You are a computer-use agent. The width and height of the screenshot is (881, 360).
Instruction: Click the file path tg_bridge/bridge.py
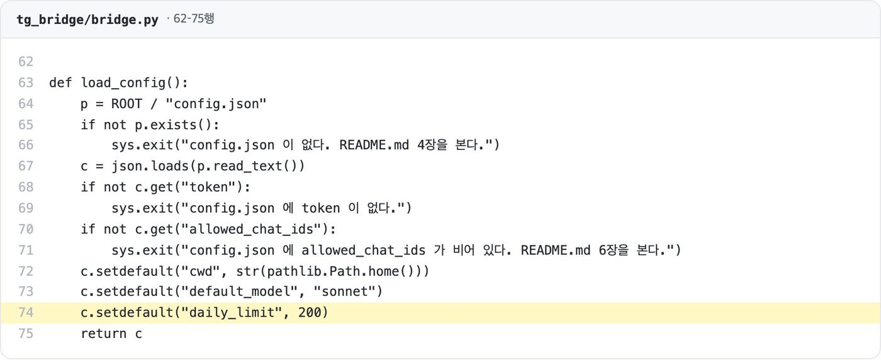pos(87,20)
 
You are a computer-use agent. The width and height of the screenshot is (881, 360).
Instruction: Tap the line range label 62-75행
pos(194,18)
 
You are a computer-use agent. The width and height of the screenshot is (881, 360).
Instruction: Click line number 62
pos(26,62)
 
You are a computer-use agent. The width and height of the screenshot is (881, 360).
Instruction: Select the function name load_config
pos(123,83)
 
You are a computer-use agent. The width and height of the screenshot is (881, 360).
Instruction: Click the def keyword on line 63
pos(60,82)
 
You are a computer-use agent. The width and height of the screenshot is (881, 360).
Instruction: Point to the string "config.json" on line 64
pos(216,104)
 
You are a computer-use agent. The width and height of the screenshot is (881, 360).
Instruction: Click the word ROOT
pos(126,104)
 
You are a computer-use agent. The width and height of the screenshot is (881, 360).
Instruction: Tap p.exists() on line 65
pos(173,125)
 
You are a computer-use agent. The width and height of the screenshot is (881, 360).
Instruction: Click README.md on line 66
pos(374,145)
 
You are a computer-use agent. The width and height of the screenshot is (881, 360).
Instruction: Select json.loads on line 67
pos(150,166)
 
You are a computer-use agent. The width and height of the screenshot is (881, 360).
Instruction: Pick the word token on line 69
pos(320,208)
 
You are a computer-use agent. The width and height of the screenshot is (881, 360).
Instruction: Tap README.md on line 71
pos(555,250)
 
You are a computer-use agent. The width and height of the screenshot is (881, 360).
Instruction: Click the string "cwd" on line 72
pos(200,271)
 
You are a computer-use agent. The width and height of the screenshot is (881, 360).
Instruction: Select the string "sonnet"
pos(344,291)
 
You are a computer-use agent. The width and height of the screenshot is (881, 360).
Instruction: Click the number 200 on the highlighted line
pos(309,313)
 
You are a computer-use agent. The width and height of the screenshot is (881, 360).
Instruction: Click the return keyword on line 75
pos(103,334)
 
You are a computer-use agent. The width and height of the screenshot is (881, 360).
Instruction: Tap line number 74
pos(26,313)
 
